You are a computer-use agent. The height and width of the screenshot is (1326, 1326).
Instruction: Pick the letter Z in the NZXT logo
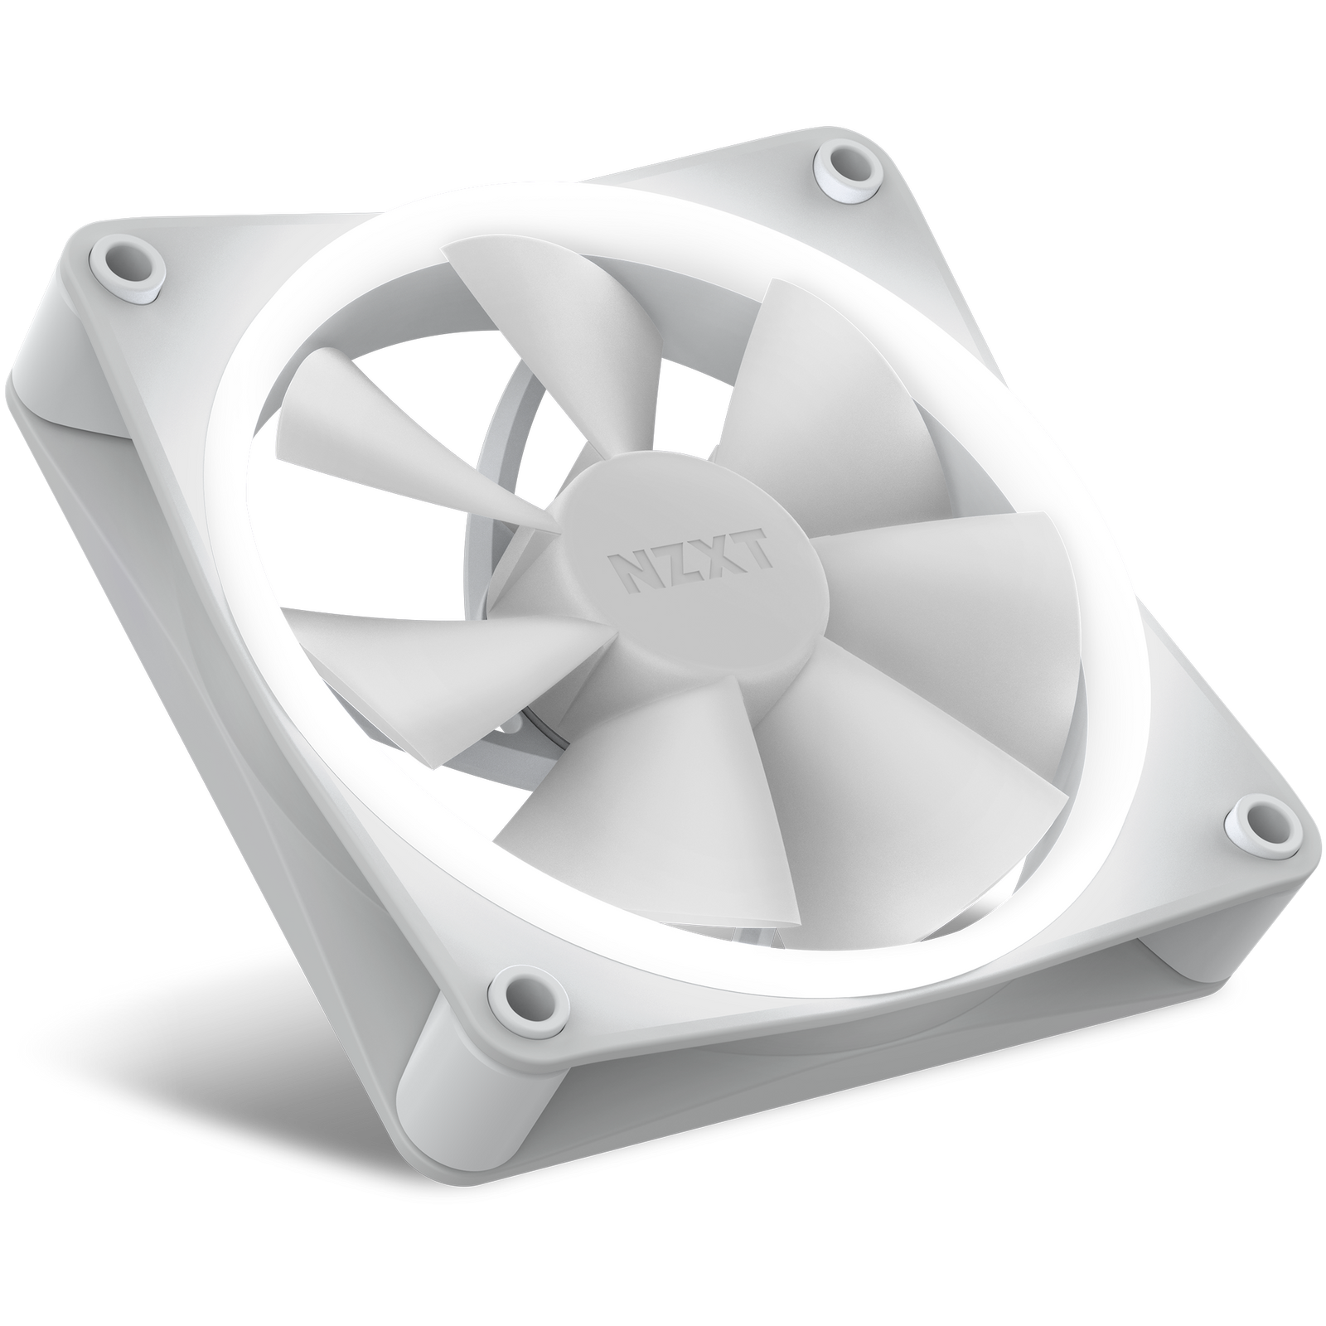tap(672, 566)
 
